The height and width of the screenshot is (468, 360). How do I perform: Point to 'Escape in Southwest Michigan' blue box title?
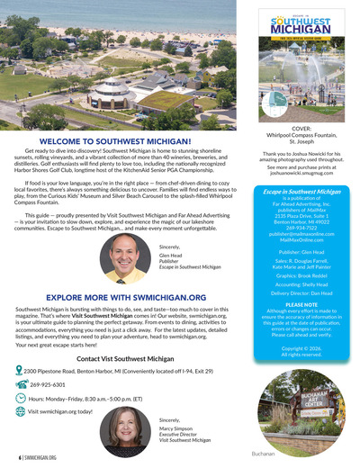(x=301, y=192)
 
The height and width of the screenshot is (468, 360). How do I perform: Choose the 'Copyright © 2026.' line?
(x=301, y=346)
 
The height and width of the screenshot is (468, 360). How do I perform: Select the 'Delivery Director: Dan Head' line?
(x=301, y=293)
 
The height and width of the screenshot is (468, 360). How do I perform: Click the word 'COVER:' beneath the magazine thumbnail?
(x=301, y=127)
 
